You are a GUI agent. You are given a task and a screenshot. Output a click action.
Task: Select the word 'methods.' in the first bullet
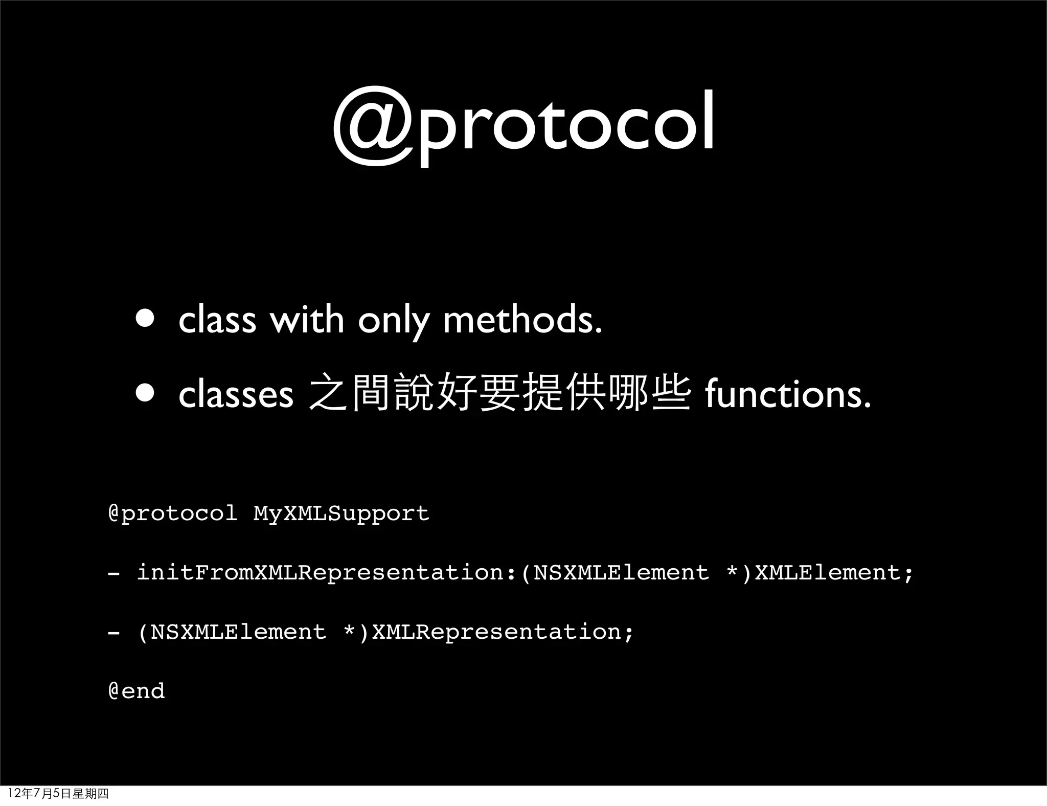click(x=522, y=320)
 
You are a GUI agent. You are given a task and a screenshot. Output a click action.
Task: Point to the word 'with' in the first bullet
click(x=307, y=320)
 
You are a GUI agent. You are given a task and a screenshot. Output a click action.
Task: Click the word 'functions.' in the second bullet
click(x=787, y=394)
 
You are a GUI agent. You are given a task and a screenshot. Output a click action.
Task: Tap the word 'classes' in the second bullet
click(x=236, y=395)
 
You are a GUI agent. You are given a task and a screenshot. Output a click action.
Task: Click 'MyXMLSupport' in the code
click(x=341, y=513)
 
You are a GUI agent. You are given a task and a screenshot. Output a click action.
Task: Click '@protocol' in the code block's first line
click(x=173, y=513)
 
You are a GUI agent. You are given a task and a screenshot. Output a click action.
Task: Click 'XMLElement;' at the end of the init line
click(x=834, y=572)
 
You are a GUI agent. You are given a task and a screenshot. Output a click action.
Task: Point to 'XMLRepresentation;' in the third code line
click(x=503, y=632)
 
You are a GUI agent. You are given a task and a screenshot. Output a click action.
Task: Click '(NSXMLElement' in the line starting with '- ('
click(x=232, y=632)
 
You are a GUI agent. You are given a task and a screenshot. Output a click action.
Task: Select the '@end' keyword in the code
click(x=136, y=691)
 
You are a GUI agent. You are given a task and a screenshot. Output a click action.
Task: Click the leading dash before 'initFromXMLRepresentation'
click(x=114, y=573)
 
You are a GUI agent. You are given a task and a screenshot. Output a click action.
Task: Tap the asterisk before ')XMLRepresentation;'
click(x=350, y=631)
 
